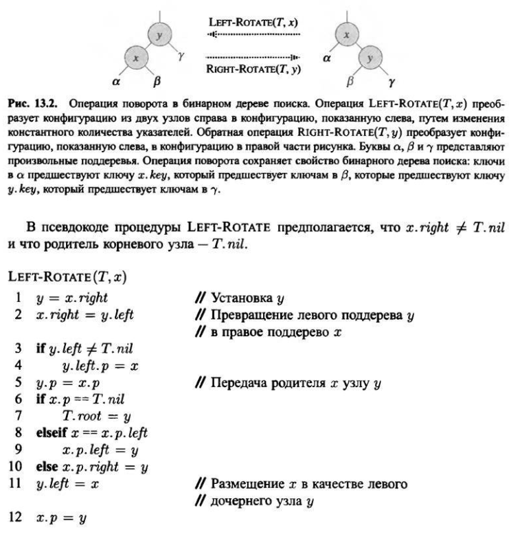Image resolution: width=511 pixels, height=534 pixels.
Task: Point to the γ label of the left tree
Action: (x=181, y=60)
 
